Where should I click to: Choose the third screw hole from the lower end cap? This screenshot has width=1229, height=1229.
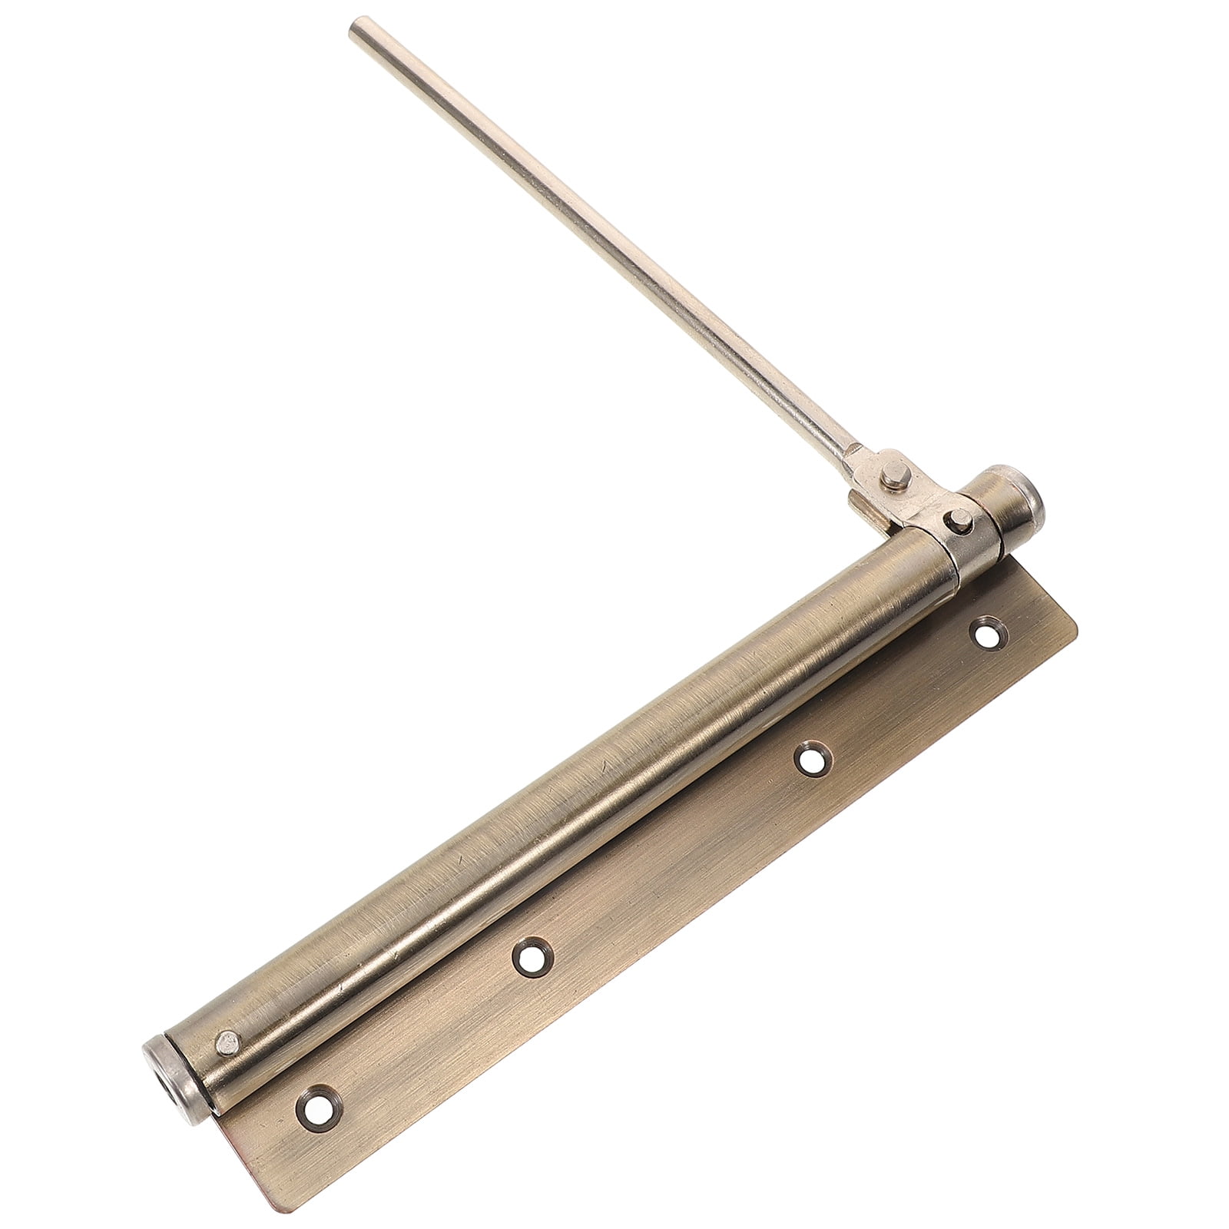(x=808, y=759)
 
